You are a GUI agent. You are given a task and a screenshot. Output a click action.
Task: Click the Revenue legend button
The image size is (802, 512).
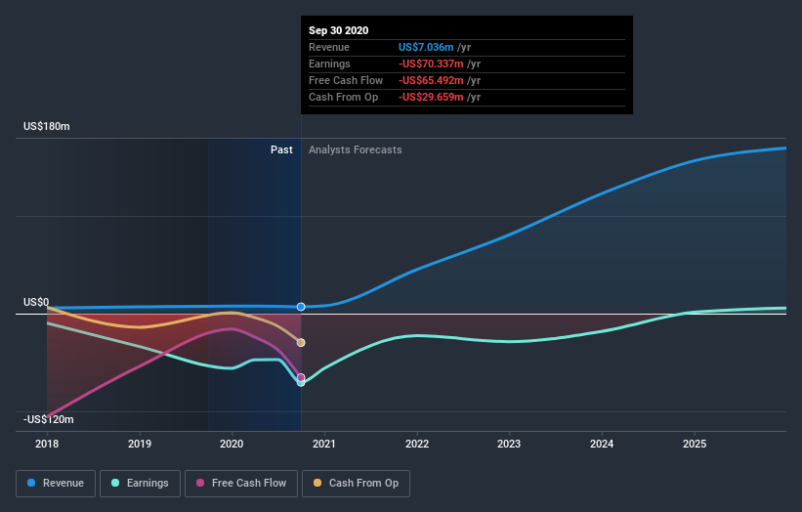point(57,483)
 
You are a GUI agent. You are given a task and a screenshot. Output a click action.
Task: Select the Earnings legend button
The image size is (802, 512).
point(140,483)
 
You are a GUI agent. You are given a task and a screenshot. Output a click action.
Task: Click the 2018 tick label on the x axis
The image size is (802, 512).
point(47,444)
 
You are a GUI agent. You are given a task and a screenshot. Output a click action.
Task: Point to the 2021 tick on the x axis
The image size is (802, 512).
point(324,444)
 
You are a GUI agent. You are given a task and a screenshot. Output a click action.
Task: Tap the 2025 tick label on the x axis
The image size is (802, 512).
point(695,444)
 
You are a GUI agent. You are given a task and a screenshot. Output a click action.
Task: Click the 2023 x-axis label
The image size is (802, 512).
point(510,444)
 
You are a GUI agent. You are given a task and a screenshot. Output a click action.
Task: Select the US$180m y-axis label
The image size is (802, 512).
point(47,127)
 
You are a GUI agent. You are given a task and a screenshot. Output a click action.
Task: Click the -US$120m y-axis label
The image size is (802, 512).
point(49,419)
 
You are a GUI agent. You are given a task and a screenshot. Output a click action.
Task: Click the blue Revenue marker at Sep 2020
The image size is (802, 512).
point(301,307)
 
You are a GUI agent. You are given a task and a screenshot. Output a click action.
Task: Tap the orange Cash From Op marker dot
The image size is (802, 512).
point(301,343)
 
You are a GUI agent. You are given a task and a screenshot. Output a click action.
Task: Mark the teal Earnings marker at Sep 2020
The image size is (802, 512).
point(301,382)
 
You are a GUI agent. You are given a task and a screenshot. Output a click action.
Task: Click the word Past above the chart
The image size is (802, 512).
point(281,149)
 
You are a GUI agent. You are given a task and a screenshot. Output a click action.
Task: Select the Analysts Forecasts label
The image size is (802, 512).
point(355,149)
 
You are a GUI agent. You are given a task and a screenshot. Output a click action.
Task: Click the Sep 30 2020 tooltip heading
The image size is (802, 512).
point(339,30)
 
